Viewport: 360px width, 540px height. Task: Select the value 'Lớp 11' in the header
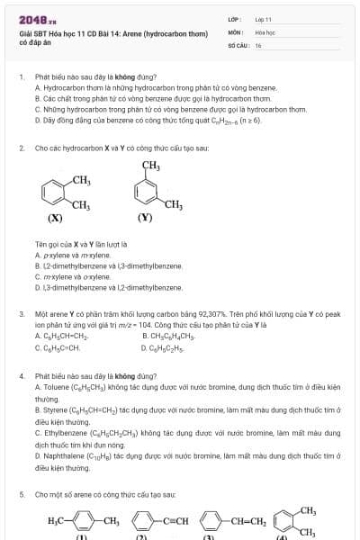coord(263,18)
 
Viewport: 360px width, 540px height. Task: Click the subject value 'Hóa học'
coord(264,31)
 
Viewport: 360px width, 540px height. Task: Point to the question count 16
coord(258,45)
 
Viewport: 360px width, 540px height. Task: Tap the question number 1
coord(21,78)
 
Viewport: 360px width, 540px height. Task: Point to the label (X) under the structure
coord(55,218)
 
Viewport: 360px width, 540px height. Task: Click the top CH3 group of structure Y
coord(150,165)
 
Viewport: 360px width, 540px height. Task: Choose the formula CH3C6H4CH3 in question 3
coord(169,336)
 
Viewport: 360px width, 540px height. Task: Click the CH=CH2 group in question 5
coord(244,520)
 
